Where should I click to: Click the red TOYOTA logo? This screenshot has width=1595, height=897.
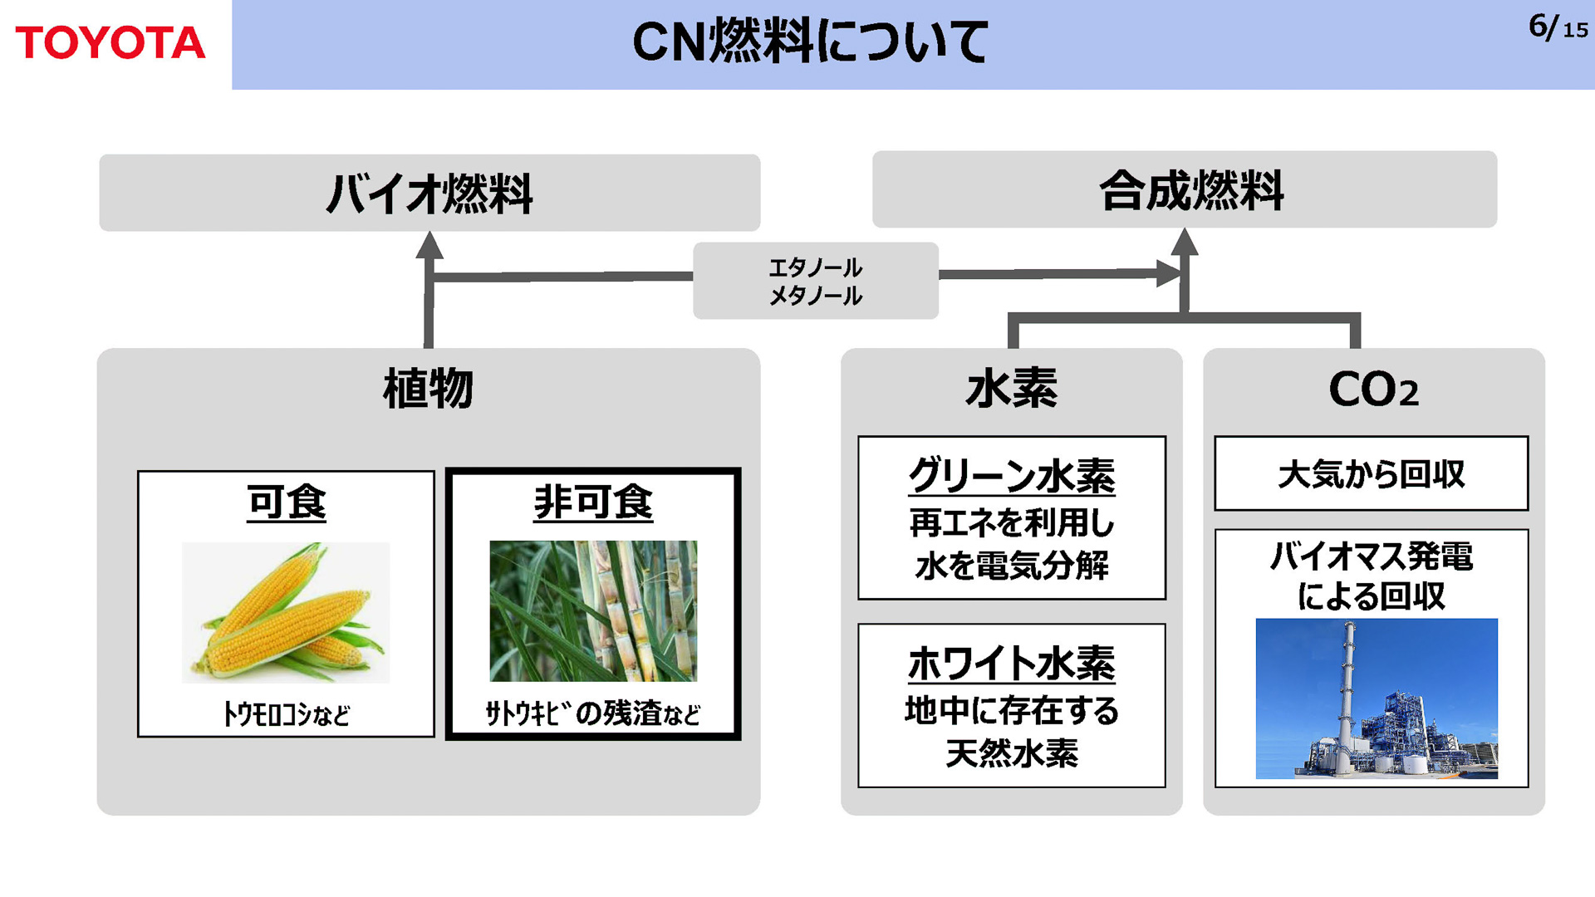tap(110, 42)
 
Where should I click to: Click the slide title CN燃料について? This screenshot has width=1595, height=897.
tap(810, 42)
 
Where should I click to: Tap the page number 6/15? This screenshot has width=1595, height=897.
tap(1557, 27)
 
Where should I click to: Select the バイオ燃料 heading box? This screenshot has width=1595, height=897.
tap(429, 193)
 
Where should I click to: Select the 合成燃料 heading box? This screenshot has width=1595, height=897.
tap(1185, 189)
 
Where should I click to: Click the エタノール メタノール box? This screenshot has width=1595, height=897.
tap(815, 281)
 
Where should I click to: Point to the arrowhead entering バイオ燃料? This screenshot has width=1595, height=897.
tap(429, 245)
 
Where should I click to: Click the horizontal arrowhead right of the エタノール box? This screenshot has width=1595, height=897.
tap(1168, 272)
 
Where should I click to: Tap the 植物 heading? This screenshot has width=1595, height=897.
tap(428, 388)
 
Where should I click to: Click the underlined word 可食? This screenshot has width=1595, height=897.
tap(286, 502)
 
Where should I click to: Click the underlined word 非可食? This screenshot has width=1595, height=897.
tap(593, 502)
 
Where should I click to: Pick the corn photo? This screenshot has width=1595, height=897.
tap(286, 612)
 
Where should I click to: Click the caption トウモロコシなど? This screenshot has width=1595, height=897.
tap(286, 713)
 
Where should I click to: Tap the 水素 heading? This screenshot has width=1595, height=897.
tap(1011, 388)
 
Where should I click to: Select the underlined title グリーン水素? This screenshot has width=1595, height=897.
tap(1011, 476)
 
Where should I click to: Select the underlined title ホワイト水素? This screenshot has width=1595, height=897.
tap(1011, 663)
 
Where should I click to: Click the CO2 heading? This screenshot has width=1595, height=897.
tap(1373, 389)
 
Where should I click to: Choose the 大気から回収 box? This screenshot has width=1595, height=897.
tap(1371, 473)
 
